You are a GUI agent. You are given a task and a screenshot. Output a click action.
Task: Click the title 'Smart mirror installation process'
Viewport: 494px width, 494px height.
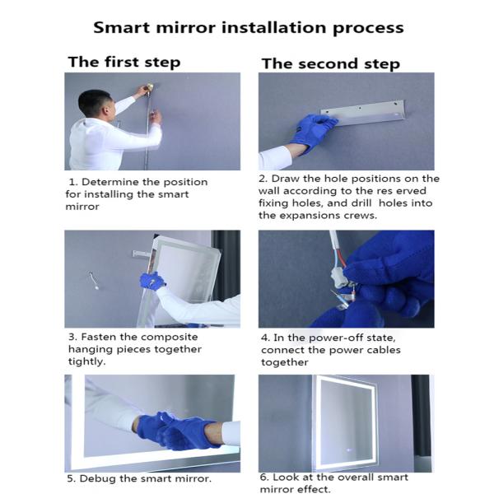[248, 26]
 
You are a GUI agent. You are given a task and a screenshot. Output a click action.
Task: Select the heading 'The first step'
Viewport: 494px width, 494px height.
[123, 62]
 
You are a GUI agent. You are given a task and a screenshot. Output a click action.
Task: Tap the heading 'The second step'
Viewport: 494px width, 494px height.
[330, 63]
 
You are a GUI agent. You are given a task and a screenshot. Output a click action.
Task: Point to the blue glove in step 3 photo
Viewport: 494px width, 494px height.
[151, 282]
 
